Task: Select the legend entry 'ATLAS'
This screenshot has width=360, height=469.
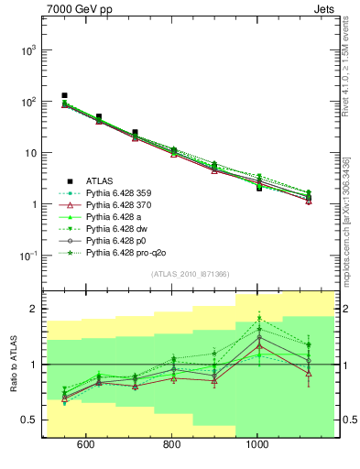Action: (100, 180)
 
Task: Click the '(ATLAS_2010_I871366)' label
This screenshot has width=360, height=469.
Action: (190, 274)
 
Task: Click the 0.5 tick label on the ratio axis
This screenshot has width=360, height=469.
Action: (28, 420)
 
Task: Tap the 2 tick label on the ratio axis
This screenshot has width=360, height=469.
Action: (33, 310)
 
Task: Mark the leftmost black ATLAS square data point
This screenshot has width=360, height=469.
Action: (64, 95)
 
